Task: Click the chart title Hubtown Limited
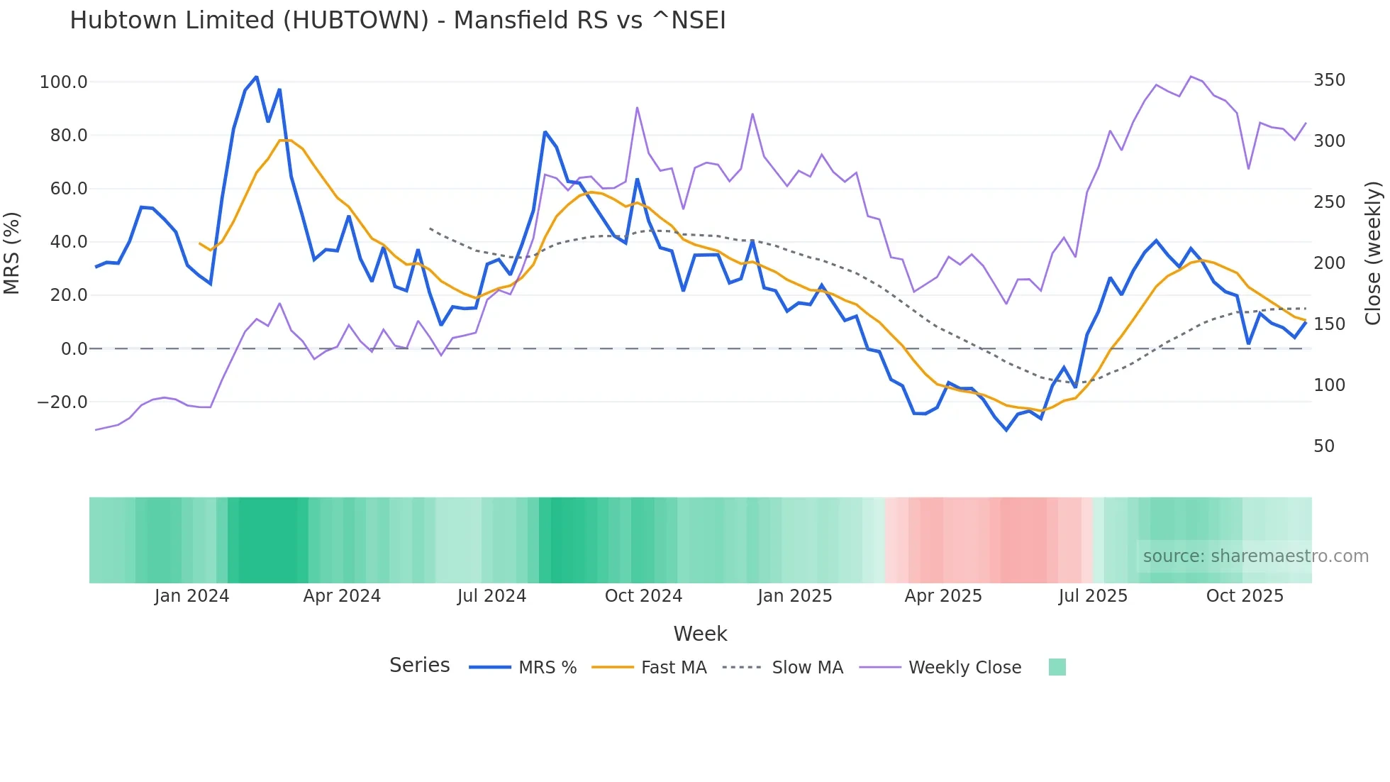point(397,21)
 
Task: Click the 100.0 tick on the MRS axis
point(63,82)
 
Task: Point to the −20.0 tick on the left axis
point(62,402)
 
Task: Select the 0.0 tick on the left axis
point(74,349)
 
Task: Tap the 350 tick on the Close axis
point(1329,80)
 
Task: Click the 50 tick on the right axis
point(1323,446)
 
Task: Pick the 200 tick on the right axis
point(1329,263)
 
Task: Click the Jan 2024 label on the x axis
point(191,596)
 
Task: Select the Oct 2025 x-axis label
point(1245,596)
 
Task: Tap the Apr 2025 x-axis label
point(943,596)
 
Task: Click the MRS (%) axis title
point(12,253)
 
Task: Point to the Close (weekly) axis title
point(1373,253)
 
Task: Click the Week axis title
point(700,634)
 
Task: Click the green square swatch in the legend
point(1057,667)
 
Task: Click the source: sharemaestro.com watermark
point(1255,556)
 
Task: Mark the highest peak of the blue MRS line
point(256,77)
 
